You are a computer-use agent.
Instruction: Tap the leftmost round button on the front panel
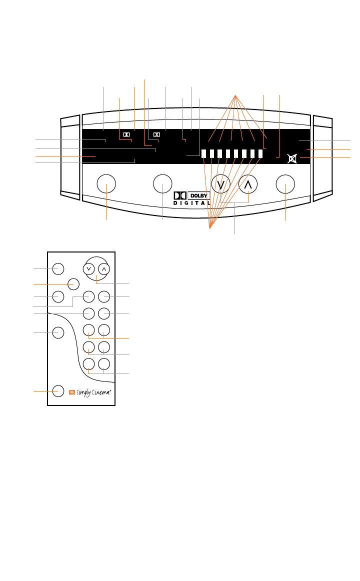106,184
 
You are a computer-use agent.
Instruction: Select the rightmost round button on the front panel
285,184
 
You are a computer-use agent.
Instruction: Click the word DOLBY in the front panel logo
199,195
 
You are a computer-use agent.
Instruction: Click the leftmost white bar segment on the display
204,154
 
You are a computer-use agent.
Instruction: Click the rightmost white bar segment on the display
260,154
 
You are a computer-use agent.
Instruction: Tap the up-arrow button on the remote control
103,268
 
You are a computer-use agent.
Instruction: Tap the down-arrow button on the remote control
89,268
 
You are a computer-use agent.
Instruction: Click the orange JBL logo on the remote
72,391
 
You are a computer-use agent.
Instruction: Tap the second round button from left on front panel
163,184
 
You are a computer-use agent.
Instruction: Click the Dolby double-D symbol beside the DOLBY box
180,195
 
